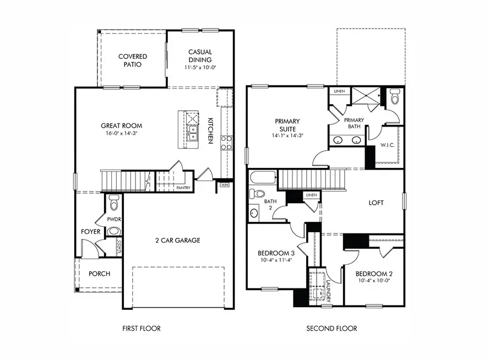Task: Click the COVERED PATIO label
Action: (x=133, y=60)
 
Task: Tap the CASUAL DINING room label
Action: (x=200, y=56)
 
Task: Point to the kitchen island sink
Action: (x=193, y=134)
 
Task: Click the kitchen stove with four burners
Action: (x=226, y=143)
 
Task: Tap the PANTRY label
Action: (x=183, y=188)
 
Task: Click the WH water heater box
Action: (x=224, y=185)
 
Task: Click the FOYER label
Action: (x=91, y=232)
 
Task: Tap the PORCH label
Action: (x=99, y=274)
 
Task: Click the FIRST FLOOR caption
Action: (x=142, y=329)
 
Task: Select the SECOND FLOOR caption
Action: (x=332, y=329)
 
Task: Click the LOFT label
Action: (x=376, y=203)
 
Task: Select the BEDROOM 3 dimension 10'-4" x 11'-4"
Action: (x=276, y=261)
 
